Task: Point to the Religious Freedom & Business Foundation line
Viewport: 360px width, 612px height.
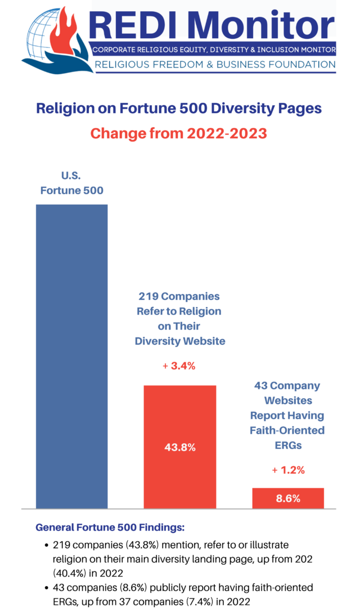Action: [x=215, y=65]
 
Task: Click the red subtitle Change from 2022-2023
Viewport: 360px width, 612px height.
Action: [x=179, y=133]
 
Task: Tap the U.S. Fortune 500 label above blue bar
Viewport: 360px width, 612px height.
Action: [x=71, y=184]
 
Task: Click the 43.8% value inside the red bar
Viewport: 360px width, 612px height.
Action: [x=180, y=447]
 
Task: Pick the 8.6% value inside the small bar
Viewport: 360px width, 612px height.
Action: [x=288, y=498]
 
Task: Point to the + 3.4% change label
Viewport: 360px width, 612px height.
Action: [x=179, y=366]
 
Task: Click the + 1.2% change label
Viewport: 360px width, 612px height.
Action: [x=288, y=470]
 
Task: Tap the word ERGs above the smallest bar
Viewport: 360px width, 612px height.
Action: [x=288, y=444]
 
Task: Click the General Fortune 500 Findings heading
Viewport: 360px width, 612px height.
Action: [x=110, y=528]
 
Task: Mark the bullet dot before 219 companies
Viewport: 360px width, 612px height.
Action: [x=46, y=546]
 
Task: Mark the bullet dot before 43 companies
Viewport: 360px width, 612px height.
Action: [x=46, y=588]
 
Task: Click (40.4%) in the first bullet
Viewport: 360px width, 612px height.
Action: [x=69, y=573]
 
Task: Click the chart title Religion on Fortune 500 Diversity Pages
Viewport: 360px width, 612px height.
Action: [x=179, y=108]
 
